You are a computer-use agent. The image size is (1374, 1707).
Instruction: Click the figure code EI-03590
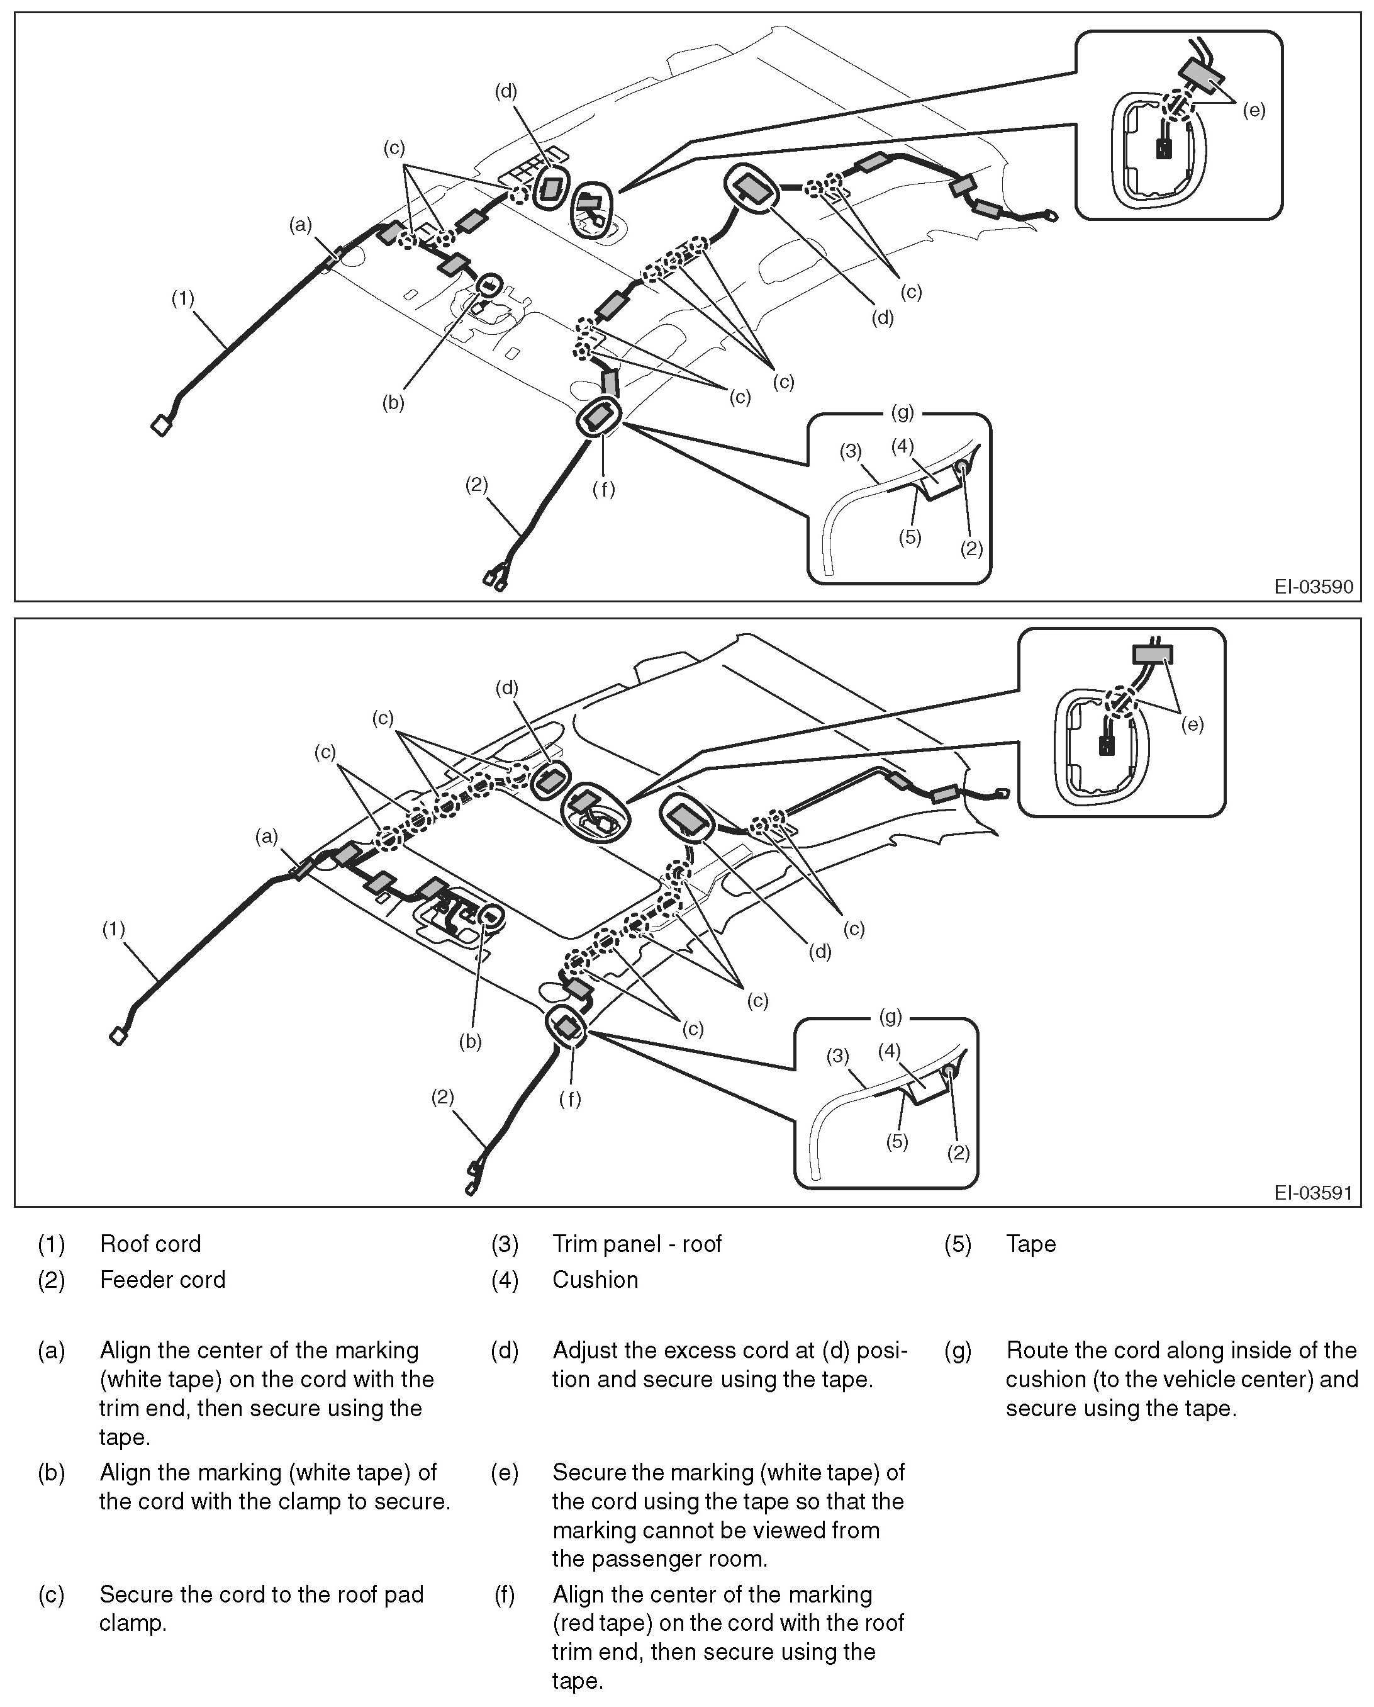point(1313,587)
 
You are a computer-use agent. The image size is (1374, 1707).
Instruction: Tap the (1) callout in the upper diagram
point(183,298)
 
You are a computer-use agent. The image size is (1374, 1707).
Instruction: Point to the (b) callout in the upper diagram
point(393,402)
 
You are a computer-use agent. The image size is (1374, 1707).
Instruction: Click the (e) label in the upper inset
point(1254,110)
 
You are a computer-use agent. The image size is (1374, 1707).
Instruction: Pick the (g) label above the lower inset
point(890,1017)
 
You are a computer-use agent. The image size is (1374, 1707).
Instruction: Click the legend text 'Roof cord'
point(150,1244)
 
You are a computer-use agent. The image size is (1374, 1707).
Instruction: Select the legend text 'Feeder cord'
point(162,1280)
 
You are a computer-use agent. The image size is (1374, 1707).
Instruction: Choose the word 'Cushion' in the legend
point(595,1280)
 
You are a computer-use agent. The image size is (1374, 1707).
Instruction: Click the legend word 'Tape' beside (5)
point(1030,1244)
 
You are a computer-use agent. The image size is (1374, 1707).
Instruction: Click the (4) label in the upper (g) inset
point(902,446)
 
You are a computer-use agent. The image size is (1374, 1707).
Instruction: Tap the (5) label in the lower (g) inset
point(896,1141)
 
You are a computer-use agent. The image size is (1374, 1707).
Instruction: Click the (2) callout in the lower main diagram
point(442,1096)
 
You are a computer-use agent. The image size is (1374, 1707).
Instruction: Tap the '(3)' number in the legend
point(504,1244)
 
